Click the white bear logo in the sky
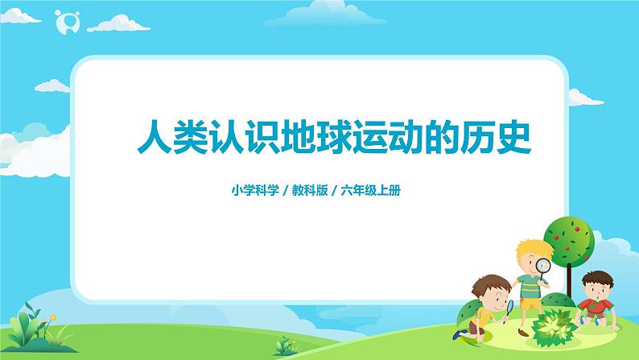(65, 23)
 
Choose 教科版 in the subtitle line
(309, 191)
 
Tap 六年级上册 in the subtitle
(373, 191)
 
